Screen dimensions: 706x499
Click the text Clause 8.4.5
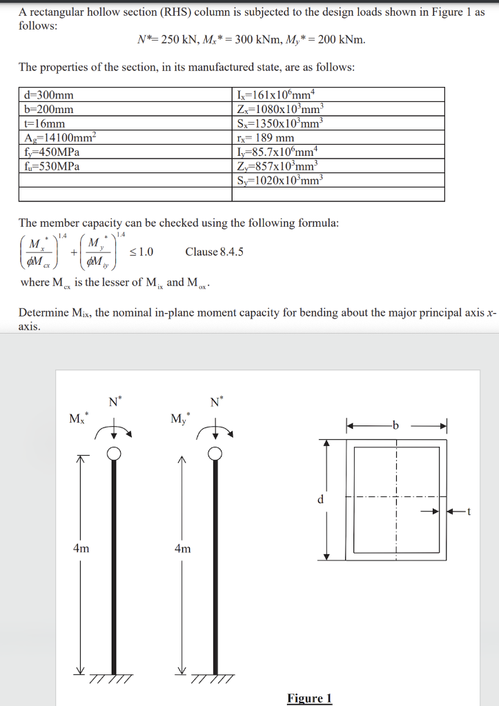coord(214,252)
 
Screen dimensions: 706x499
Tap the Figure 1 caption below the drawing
coord(309,698)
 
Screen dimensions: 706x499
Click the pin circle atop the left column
coord(115,454)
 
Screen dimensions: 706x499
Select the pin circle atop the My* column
coord(215,454)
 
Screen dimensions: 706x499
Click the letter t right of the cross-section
coord(468,512)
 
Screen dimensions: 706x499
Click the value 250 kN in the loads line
coord(181,39)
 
